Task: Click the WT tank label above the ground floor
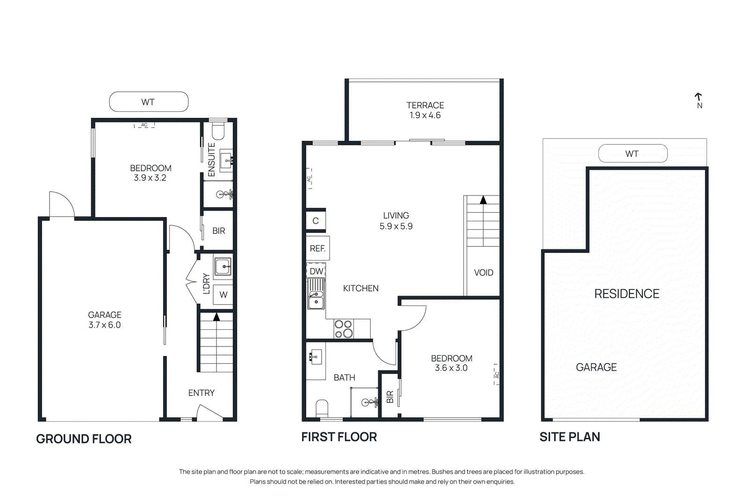point(148,102)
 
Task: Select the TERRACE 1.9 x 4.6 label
point(425,110)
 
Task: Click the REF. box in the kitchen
point(317,248)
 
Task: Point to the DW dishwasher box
point(316,271)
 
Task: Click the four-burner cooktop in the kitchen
point(344,329)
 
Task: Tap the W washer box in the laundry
point(223,295)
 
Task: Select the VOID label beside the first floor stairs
point(483,273)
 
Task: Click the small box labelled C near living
point(316,221)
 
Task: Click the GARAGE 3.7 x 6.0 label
point(105,320)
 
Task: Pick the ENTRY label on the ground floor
point(201,393)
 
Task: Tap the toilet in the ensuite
point(218,130)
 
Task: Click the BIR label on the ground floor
point(219,231)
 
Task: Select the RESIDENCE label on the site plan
point(626,294)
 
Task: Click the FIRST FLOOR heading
point(339,437)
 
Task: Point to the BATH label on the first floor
point(345,377)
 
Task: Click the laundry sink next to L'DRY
point(223,267)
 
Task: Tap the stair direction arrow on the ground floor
point(216,317)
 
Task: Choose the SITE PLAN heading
point(569,437)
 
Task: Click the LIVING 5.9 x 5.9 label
point(396,221)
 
